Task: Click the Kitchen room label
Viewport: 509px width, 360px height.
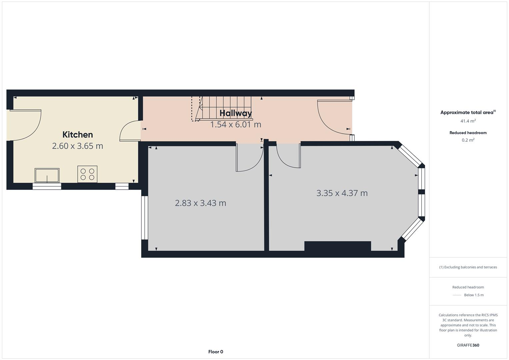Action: click(78, 135)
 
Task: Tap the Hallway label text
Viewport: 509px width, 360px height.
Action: click(236, 113)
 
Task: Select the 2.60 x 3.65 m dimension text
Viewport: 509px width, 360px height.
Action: click(78, 146)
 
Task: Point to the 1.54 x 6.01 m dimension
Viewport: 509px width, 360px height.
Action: click(236, 125)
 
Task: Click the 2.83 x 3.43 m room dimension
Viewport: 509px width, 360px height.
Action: click(200, 203)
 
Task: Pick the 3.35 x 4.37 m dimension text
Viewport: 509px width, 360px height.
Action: click(342, 193)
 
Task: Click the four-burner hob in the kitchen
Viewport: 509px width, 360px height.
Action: click(87, 174)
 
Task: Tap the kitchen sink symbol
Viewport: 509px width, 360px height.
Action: click(47, 175)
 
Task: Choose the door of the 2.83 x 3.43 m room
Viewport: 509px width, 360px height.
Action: click(248, 157)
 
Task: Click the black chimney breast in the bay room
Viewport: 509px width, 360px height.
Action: click(337, 246)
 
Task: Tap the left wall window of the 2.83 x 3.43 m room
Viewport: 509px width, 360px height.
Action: click(144, 218)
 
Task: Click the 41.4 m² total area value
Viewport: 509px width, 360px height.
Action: click(468, 121)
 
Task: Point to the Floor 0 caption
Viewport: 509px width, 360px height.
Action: click(216, 352)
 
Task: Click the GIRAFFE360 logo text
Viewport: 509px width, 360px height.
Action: click(468, 345)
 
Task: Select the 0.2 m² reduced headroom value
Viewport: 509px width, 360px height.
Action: click(468, 140)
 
